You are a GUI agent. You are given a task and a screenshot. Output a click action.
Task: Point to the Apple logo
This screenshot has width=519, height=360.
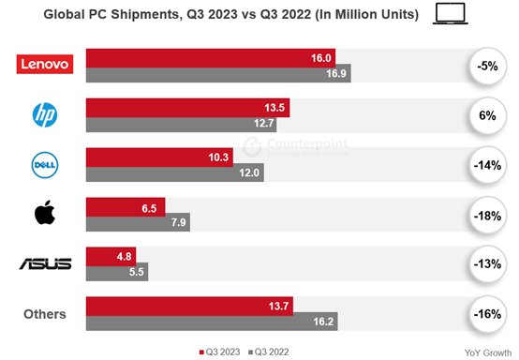point(44,214)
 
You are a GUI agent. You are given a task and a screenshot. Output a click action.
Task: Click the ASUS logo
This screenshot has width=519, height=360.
point(45,263)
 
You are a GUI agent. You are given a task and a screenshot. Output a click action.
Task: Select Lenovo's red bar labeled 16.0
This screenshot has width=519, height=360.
point(211,56)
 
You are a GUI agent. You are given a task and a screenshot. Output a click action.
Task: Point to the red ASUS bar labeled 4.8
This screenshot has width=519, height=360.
point(111,254)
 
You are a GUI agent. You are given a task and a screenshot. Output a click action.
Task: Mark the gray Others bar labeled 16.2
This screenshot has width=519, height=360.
point(211,322)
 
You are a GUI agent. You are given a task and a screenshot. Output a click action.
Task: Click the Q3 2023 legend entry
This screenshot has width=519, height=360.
point(221,351)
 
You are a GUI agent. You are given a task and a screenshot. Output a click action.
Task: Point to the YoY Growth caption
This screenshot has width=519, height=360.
point(486,352)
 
